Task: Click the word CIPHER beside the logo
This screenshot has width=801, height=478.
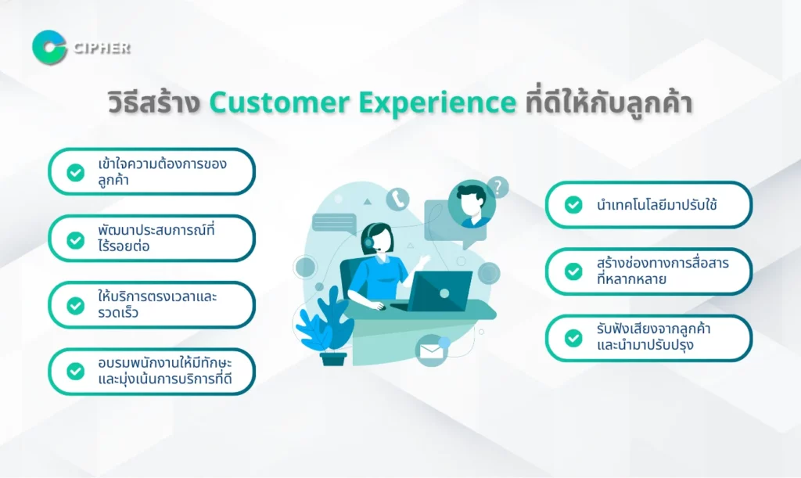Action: [x=102, y=48]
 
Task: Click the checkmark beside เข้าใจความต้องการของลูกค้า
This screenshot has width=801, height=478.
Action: [x=76, y=172]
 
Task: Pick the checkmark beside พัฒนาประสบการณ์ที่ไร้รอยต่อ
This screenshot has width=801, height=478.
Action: [x=76, y=239]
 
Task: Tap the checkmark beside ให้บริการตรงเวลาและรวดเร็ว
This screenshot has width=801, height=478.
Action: [x=76, y=305]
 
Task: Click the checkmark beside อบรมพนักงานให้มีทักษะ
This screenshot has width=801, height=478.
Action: [x=76, y=372]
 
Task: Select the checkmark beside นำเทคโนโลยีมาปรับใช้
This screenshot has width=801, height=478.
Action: [x=573, y=205]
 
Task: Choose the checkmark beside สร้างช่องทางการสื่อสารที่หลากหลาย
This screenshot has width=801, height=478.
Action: [x=573, y=271]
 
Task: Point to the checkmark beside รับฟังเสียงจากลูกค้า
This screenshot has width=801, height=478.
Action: [x=573, y=338]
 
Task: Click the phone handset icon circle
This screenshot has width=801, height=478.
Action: [x=397, y=199]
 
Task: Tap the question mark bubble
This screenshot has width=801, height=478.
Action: [x=497, y=187]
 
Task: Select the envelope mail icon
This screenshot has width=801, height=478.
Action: [x=430, y=350]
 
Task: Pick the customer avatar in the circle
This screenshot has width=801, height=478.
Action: [x=472, y=204]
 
